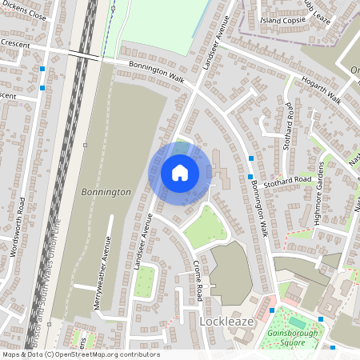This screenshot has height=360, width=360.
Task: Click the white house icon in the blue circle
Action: (x=179, y=172)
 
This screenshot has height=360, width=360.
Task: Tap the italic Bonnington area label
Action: (x=106, y=193)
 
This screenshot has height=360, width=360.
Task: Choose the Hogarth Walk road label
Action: (x=322, y=90)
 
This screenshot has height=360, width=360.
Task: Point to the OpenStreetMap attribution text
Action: (x=80, y=354)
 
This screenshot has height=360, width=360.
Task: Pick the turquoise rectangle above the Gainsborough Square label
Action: (x=297, y=322)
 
